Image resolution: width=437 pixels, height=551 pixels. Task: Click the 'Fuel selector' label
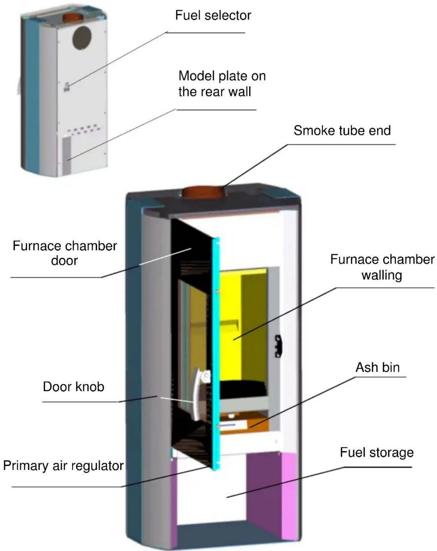tap(213, 15)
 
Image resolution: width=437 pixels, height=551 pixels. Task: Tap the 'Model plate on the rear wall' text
tap(222, 84)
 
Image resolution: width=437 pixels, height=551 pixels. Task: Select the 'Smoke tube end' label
tap(342, 130)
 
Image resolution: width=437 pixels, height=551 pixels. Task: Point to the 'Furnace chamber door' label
tap(65, 253)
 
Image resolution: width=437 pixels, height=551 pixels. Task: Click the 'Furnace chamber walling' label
tap(382, 267)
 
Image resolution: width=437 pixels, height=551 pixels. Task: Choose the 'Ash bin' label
tap(377, 367)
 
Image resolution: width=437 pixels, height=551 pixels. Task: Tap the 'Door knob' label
tap(73, 387)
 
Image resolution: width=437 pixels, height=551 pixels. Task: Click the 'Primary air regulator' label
tap(63, 465)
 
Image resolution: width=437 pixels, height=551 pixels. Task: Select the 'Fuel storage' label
tap(376, 452)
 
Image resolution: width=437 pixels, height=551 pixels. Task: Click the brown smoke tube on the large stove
tap(202, 192)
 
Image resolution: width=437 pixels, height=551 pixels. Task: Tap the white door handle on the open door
tap(198, 393)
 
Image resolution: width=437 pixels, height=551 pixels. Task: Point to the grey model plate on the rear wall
tap(66, 155)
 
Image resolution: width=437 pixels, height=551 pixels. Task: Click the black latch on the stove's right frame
tap(278, 346)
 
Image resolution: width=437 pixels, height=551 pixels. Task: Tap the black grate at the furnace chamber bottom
tap(242, 390)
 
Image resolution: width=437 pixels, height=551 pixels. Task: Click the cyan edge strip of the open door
tap(216, 354)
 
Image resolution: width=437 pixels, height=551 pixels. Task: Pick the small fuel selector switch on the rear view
tap(66, 87)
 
